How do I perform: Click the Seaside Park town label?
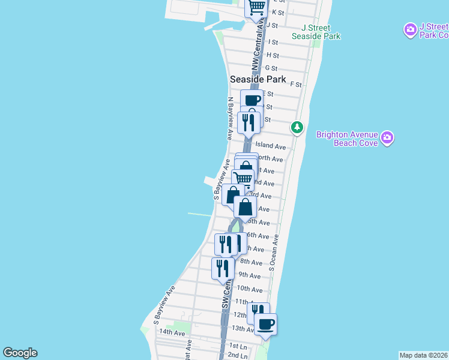pyautogui.click(x=257, y=80)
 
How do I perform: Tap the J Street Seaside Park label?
pyautogui.click(x=316, y=32)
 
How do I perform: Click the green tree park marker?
pyautogui.click(x=297, y=127)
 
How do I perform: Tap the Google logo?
pyautogui.click(x=20, y=353)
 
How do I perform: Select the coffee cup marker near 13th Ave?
pyautogui.click(x=266, y=325)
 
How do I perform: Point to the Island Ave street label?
pyautogui.click(x=270, y=146)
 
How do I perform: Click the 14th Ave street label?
pyautogui.click(x=172, y=332)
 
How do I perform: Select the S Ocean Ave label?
pyautogui.click(x=273, y=252)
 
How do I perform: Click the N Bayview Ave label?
pyautogui.click(x=229, y=119)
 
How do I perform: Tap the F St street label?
pyautogui.click(x=295, y=85)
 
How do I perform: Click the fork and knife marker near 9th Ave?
pyautogui.click(x=222, y=268)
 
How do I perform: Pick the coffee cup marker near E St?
pyautogui.click(x=252, y=100)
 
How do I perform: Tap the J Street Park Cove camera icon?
pyautogui.click(x=411, y=29)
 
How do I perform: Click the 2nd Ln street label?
pyautogui.click(x=238, y=355)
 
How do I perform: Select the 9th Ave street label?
pyautogui.click(x=249, y=275)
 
